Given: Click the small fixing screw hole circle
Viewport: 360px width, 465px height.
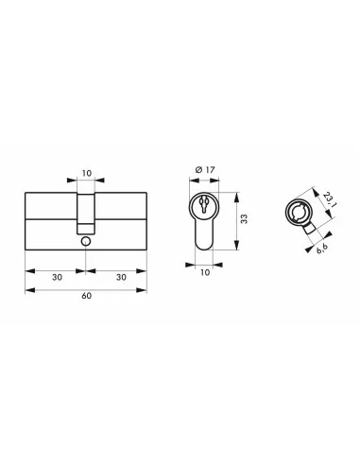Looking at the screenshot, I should pyautogui.click(x=85, y=241).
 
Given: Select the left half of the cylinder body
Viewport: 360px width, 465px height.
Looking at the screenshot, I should pyautogui.click(x=49, y=220).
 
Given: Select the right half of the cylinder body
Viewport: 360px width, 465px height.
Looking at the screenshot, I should pyautogui.click(x=121, y=220).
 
